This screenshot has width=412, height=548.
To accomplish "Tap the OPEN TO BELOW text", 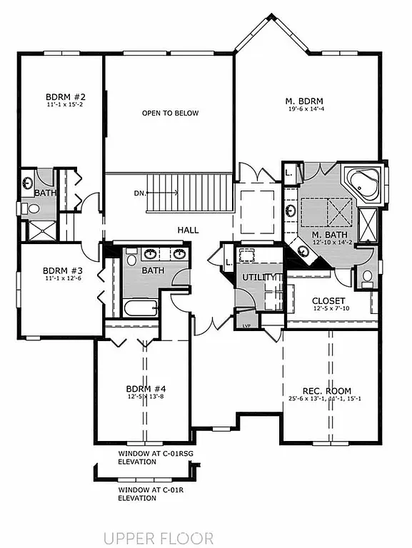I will coord(170,113).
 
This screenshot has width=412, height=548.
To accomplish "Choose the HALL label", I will coord(189,230).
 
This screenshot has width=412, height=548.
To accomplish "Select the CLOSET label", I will coord(328,300).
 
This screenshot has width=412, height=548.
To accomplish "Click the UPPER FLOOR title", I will coord(158,537).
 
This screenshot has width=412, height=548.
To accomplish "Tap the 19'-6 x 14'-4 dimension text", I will coord(305,109).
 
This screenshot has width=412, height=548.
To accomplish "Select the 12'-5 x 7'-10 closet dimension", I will coord(328,309).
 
